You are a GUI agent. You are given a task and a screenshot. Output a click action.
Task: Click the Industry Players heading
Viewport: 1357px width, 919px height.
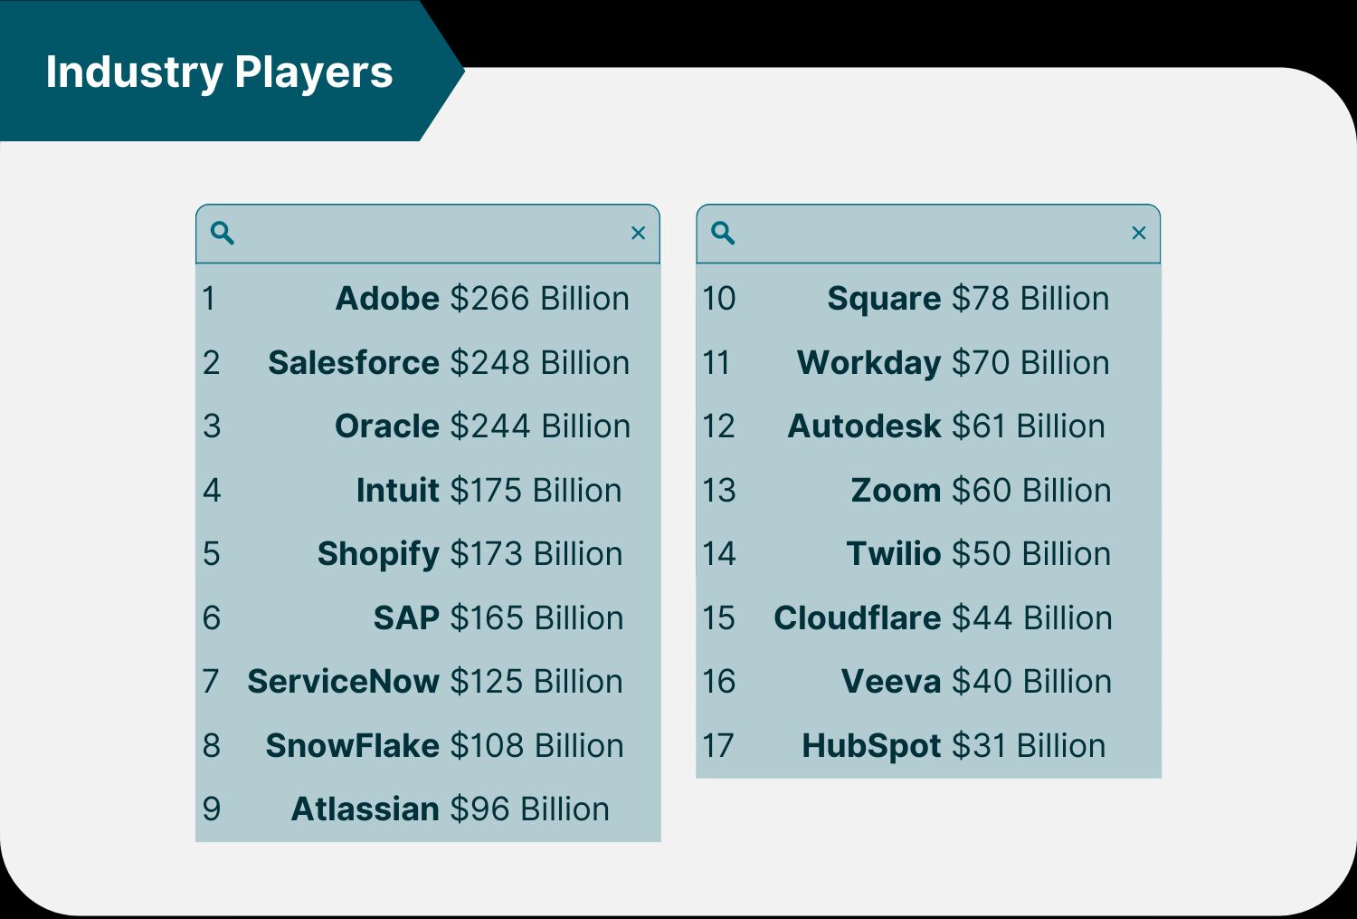[x=219, y=72]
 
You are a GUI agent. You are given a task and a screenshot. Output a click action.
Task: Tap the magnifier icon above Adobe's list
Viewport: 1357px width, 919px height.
[x=223, y=234]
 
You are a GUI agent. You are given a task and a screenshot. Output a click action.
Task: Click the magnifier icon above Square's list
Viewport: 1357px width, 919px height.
[x=723, y=234]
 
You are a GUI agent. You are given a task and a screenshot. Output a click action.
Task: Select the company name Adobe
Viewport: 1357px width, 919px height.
[x=387, y=299]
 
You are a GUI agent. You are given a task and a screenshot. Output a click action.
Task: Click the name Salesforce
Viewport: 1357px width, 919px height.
[x=354, y=363]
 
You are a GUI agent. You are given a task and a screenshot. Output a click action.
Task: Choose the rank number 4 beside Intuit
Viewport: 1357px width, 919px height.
[x=212, y=491]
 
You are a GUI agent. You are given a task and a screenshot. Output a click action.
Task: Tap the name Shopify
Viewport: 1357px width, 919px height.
[x=378, y=554]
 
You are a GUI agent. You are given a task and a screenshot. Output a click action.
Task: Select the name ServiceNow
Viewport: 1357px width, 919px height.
[x=343, y=682]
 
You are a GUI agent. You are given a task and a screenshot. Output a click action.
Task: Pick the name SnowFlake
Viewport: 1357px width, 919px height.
[x=352, y=746]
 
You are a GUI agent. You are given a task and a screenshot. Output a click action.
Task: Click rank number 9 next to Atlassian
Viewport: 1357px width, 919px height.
[x=212, y=809]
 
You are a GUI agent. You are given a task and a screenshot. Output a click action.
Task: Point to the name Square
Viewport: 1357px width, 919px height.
[x=884, y=299]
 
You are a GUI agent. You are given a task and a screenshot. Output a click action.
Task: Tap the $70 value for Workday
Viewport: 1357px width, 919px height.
[x=981, y=363]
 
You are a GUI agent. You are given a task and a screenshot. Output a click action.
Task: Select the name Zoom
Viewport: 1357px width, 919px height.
[x=896, y=491]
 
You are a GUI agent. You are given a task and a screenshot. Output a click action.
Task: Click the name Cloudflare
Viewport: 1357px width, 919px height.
[x=858, y=618]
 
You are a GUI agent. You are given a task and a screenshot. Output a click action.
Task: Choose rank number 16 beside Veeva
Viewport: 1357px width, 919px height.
[x=719, y=682]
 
